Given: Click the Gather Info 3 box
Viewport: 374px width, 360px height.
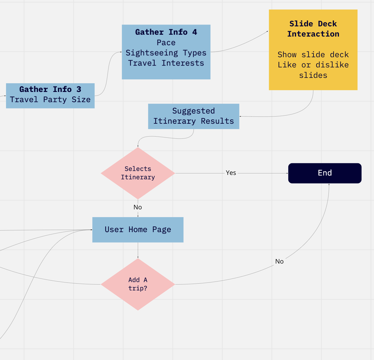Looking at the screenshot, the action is [x=50, y=96].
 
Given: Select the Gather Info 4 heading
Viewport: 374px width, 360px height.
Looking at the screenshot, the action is [x=166, y=32].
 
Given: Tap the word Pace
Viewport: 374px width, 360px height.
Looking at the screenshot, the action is [x=166, y=43].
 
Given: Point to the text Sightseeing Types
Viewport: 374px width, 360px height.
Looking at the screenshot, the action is [x=166, y=53].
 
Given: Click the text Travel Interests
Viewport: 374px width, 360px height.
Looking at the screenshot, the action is [x=166, y=63].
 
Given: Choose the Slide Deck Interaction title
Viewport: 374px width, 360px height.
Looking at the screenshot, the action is [x=313, y=29].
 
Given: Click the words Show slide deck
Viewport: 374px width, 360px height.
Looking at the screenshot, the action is [x=313, y=55].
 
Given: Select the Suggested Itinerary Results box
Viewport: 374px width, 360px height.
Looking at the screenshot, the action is [x=194, y=116].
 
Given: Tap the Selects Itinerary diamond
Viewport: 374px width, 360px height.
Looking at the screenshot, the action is [x=138, y=173].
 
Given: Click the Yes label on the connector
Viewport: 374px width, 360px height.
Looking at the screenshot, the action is [x=231, y=173].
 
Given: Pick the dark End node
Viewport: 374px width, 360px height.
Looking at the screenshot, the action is [x=325, y=173].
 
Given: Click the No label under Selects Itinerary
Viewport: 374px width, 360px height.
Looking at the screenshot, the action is [x=138, y=207].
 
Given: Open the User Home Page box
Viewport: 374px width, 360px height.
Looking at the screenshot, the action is [x=138, y=230].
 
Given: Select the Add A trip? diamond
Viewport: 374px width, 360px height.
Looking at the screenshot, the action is [x=138, y=284].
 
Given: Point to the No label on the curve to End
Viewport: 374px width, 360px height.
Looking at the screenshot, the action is [x=279, y=261].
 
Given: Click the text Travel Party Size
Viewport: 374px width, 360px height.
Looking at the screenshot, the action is [x=50, y=99].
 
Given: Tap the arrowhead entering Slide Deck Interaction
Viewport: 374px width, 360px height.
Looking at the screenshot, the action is [x=267, y=31].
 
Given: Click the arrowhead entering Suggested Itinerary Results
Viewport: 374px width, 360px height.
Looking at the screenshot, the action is [x=241, y=116].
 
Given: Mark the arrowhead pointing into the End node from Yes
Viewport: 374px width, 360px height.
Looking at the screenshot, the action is [x=287, y=173].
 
